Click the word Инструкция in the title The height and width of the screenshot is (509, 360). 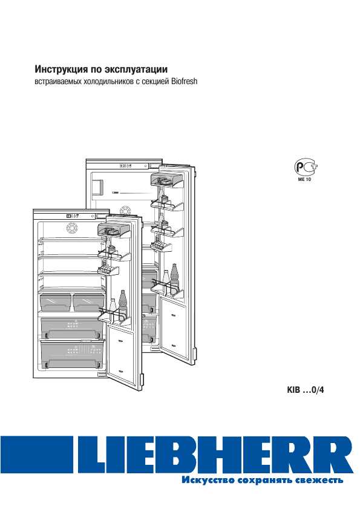coord(61,70)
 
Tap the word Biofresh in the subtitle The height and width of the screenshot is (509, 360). coord(184,81)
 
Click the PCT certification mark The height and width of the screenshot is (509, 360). coord(305,168)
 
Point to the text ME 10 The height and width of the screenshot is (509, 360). coord(304,179)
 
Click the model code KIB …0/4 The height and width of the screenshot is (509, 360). coord(305,390)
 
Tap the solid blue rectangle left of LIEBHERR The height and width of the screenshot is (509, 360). coord(36,454)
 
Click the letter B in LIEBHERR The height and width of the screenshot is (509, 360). coord(181,454)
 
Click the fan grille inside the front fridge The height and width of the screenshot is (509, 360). coord(72,228)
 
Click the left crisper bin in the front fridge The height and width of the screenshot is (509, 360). coord(55,302)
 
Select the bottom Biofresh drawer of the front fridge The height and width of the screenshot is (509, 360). coord(72,355)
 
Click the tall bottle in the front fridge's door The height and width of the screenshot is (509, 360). coord(123,306)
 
